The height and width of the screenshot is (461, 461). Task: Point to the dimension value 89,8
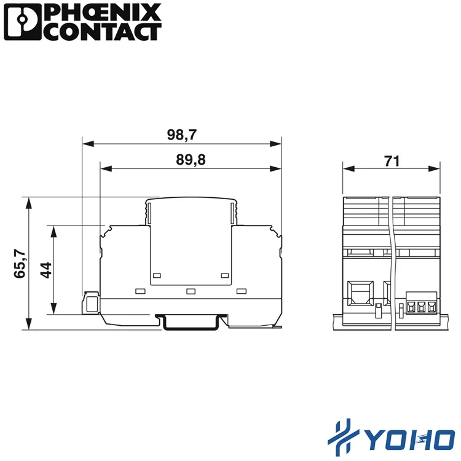pos(191,160)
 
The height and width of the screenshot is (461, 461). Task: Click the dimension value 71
pos(392,161)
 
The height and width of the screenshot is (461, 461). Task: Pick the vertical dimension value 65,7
pos(20,263)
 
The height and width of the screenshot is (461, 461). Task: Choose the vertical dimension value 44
pos(45,270)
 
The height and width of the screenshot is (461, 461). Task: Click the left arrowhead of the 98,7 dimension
pos(86,144)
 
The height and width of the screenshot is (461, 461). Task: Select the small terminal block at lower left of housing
pos(92,303)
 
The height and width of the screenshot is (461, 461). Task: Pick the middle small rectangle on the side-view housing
pos(191,291)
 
